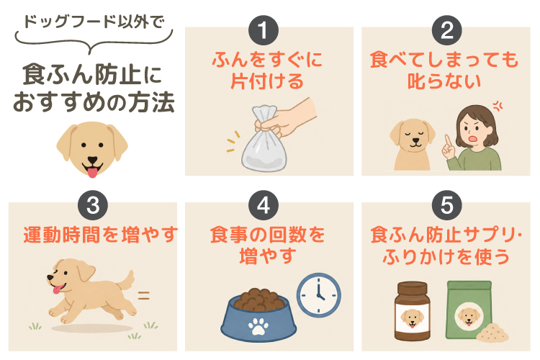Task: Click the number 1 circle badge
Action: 264,30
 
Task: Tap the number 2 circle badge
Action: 446,30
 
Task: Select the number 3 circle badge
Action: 93,205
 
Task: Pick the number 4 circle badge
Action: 264,205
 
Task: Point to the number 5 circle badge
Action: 446,205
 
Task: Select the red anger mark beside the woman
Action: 498,106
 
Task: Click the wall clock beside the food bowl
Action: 318,295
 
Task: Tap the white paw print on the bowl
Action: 258,326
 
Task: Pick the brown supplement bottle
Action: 412,311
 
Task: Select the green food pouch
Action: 469,310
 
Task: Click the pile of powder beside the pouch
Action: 492,333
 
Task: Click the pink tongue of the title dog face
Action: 92,172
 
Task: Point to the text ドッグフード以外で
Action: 94,22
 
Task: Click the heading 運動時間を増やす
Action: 101,235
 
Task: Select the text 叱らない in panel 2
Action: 444,81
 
